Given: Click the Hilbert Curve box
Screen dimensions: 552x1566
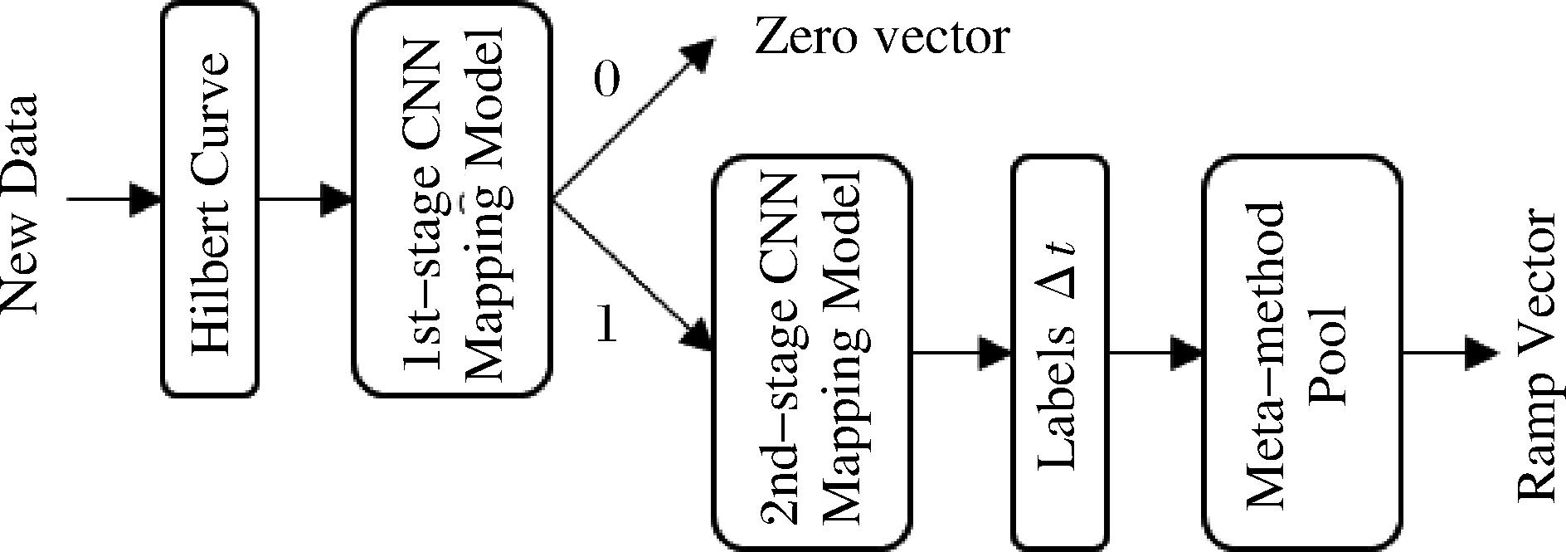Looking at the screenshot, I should (209, 200).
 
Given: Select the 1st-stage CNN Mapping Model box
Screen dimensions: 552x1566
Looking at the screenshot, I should (452, 200).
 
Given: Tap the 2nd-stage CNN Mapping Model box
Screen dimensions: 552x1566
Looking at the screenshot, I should (812, 354).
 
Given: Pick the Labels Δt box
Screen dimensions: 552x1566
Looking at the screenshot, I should (1059, 354).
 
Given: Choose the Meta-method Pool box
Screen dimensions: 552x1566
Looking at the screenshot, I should (1302, 354).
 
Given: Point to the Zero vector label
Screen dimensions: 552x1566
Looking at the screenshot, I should (881, 37).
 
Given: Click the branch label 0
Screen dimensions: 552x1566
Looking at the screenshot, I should (606, 81).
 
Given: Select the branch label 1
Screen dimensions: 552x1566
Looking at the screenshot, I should (607, 325).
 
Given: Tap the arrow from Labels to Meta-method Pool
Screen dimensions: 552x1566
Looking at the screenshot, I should (1155, 354).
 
